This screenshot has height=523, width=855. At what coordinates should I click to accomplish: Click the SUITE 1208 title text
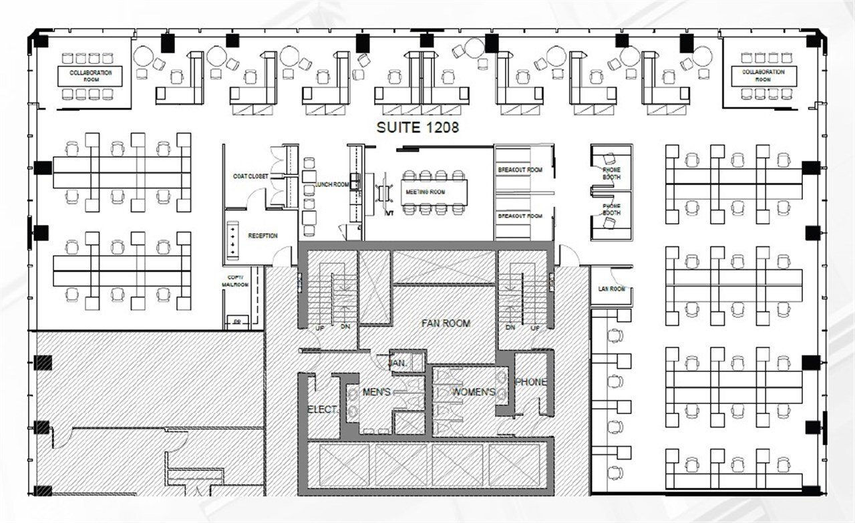(417, 128)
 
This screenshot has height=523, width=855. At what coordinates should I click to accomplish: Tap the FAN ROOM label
(446, 323)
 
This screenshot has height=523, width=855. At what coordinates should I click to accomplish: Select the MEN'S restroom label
(376, 392)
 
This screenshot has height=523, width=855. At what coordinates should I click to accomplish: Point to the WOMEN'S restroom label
(474, 392)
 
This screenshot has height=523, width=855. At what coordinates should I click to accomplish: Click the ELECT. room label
(323, 409)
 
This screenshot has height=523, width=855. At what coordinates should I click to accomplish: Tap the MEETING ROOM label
(425, 192)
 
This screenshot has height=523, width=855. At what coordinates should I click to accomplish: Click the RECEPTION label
(263, 236)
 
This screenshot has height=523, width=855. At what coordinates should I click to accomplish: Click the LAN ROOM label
(611, 289)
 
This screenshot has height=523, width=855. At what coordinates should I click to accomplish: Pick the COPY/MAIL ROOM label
(235, 281)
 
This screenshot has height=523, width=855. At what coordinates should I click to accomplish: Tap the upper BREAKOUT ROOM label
(520, 170)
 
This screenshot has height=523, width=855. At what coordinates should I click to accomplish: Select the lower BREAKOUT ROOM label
(520, 216)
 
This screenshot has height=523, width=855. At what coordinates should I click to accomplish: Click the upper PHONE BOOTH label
(611, 173)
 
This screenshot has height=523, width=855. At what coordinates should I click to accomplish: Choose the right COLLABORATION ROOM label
(763, 75)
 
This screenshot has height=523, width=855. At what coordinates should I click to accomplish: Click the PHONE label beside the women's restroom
(530, 383)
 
